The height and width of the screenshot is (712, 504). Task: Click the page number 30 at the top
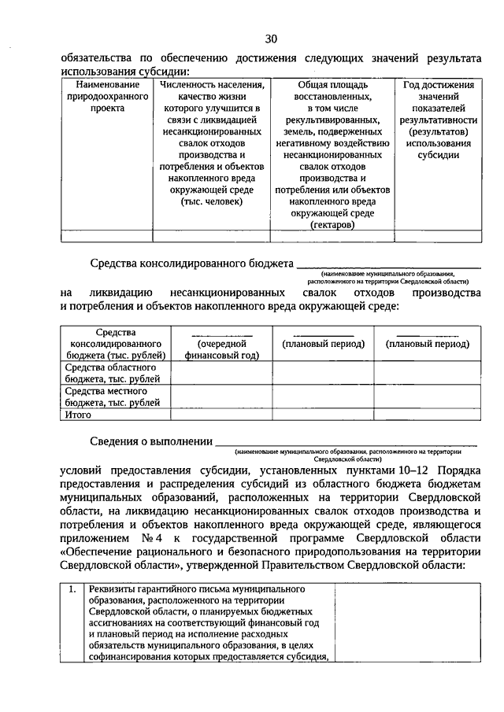271,39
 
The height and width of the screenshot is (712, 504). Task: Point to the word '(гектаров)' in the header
332,224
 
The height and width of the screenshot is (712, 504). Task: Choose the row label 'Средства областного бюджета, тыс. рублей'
111,373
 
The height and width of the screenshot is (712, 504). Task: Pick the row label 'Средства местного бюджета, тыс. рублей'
111,397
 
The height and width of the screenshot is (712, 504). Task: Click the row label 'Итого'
79,414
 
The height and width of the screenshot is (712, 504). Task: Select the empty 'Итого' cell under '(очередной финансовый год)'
222,414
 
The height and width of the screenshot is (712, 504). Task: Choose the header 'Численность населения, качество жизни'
212,90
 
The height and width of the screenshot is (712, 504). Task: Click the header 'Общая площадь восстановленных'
332,90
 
